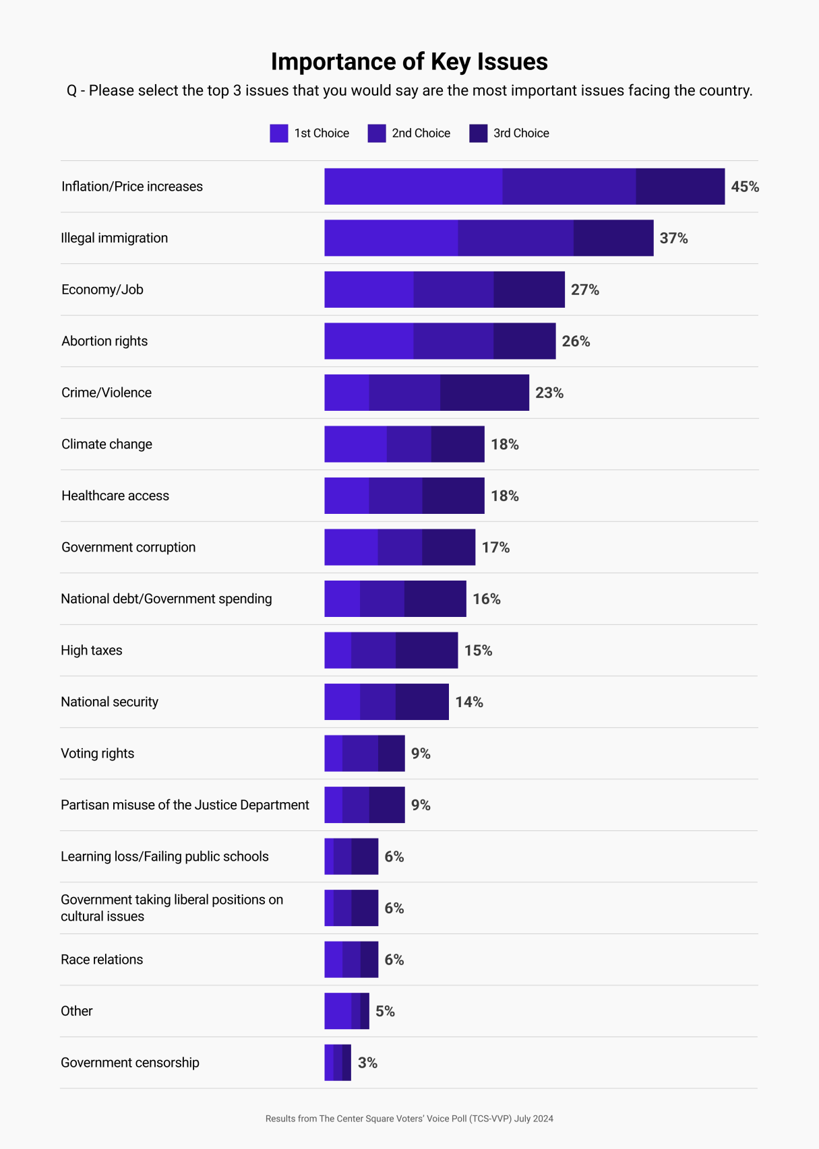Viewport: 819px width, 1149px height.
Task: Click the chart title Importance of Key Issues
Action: (x=409, y=61)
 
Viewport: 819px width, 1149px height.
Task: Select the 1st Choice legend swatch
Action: (x=278, y=133)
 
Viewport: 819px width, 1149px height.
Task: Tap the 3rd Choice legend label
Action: (x=521, y=133)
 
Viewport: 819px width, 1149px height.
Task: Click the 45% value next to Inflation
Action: (x=745, y=187)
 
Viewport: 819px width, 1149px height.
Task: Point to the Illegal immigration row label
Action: (x=115, y=238)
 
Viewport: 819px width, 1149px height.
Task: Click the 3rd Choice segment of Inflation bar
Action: (x=680, y=187)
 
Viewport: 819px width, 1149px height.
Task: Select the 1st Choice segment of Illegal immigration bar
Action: (x=391, y=238)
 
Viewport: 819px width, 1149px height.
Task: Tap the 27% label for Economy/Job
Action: (x=585, y=290)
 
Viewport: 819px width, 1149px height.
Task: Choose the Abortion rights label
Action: (x=104, y=341)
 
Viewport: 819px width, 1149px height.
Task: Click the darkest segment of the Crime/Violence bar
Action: (x=485, y=393)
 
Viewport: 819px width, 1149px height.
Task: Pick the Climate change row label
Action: (x=107, y=444)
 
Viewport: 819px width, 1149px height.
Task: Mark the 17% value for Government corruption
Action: (x=495, y=548)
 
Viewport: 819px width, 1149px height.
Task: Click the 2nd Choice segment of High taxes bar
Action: (x=373, y=651)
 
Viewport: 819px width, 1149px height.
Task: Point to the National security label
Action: (x=109, y=702)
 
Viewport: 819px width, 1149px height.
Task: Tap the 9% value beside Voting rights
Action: (x=421, y=754)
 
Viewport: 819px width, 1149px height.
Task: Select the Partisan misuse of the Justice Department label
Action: (x=185, y=805)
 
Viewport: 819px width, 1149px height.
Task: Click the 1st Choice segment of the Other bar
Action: (x=338, y=1011)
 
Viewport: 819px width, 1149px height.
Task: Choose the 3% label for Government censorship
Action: (x=367, y=1063)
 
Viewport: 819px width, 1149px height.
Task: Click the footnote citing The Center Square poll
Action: (x=409, y=1119)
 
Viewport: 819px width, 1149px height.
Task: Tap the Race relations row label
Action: (x=102, y=960)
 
